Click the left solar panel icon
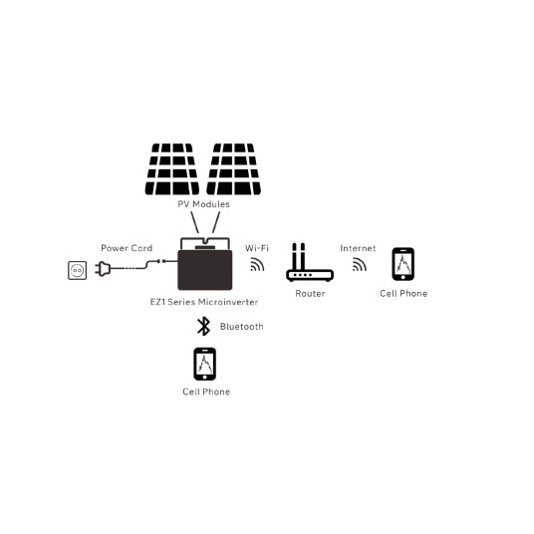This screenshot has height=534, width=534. [x=172, y=169]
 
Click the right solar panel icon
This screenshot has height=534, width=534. [x=234, y=169]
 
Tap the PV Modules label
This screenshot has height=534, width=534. [x=203, y=204]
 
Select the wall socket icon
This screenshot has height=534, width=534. [x=78, y=270]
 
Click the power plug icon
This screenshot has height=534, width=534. [x=103, y=269]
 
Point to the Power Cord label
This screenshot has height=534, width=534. [x=127, y=248]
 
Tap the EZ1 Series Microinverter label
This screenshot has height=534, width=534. [x=204, y=302]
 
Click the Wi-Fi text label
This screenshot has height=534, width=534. [x=257, y=248]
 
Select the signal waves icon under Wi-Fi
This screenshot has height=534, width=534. [x=257, y=265]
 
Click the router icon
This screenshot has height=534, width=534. [x=310, y=262]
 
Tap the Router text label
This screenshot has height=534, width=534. [x=310, y=293]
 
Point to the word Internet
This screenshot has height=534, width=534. [x=358, y=248]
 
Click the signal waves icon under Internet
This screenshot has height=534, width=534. [x=360, y=265]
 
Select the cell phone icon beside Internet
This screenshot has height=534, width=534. [x=403, y=264]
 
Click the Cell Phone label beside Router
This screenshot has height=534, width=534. [x=403, y=293]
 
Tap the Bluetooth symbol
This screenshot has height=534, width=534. [x=203, y=326]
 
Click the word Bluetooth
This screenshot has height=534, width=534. [x=242, y=326]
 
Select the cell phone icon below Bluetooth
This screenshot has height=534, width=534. [x=204, y=364]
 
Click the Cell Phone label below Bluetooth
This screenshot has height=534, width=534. [x=206, y=392]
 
